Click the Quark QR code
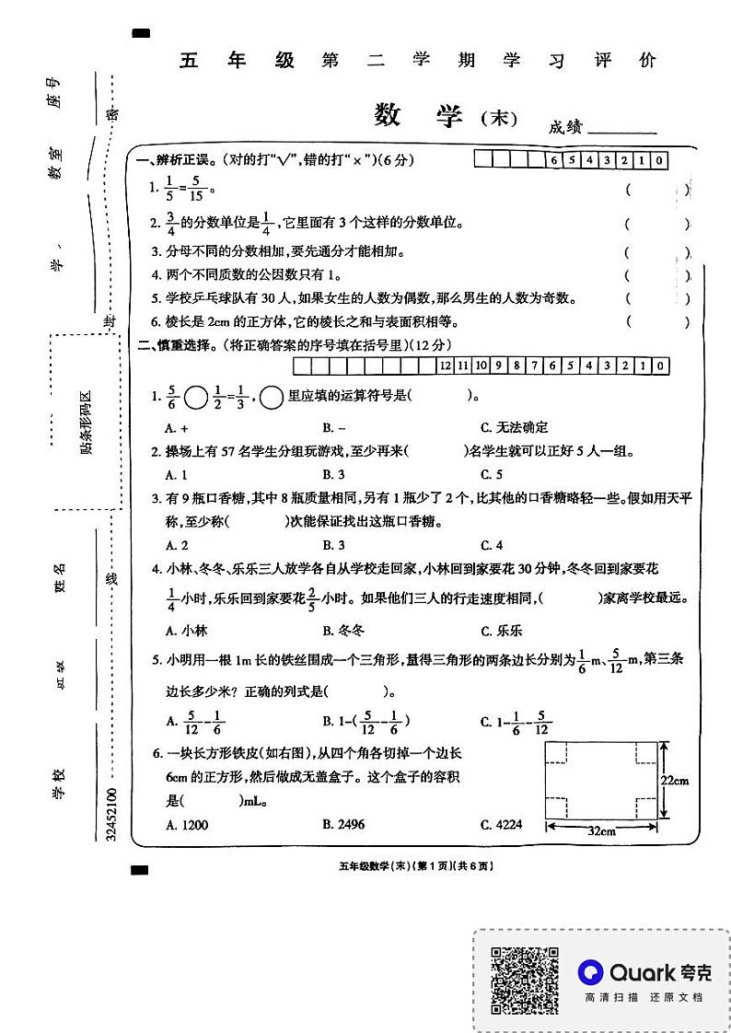coord(524,980)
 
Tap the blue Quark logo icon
coord(591,971)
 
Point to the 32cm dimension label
coord(601,830)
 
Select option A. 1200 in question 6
coord(186,825)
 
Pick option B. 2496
coord(343,825)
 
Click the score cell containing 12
coord(446,366)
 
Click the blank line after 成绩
coord(621,129)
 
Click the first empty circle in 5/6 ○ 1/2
coord(195,398)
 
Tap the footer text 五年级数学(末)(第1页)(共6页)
coord(416,865)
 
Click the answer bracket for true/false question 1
coord(656,190)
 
